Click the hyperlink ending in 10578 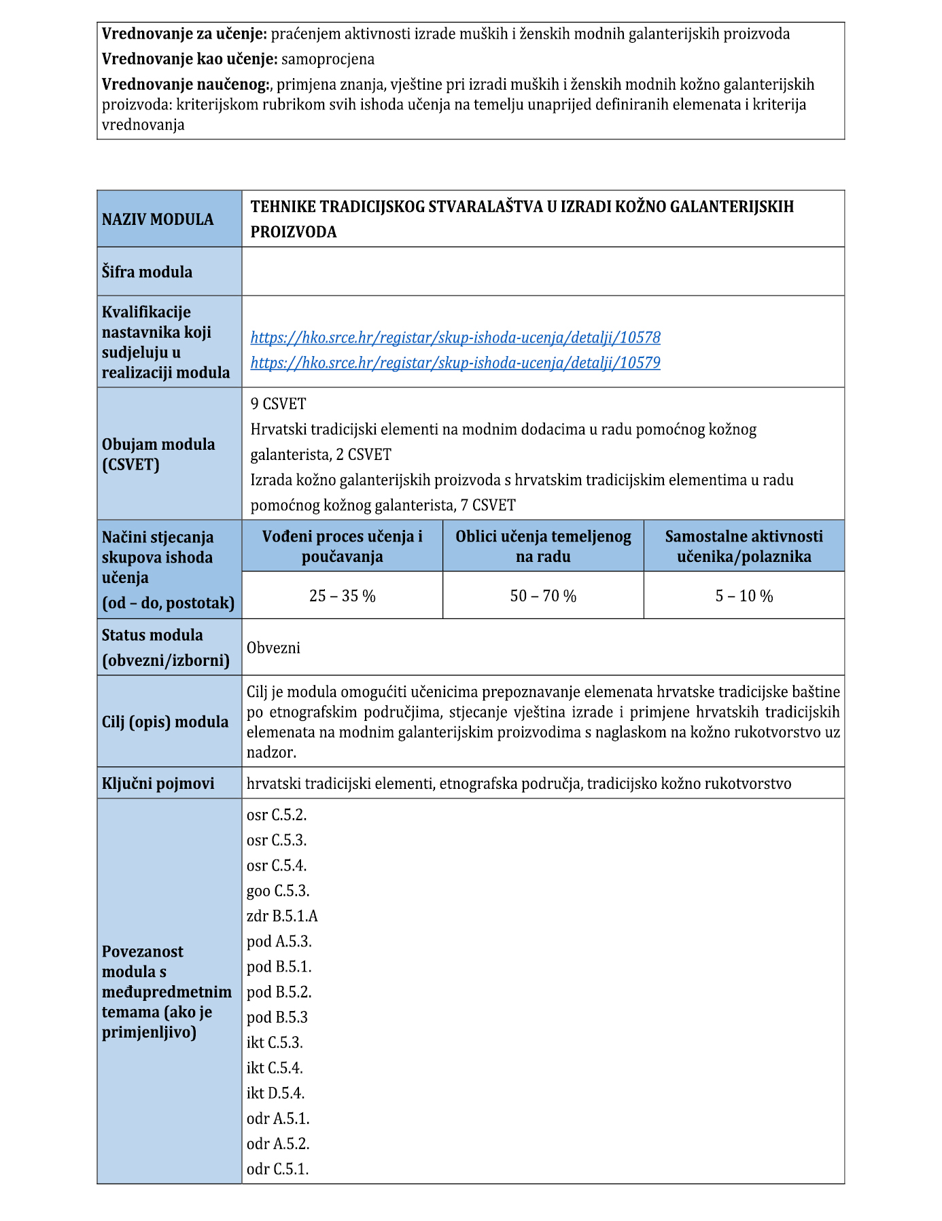coord(455,338)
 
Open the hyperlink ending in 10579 coord(455,363)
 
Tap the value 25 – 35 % coord(342,596)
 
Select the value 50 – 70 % coord(543,596)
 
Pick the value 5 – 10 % coord(744,596)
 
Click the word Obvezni coord(273,648)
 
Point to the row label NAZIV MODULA coord(158,219)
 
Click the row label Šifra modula coord(147,272)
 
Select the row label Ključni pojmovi coord(158,783)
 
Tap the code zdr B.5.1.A coord(282,916)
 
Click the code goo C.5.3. coord(277,891)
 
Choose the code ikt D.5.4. coord(275,1093)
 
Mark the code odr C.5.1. coord(277,1169)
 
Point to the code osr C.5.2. coord(277,815)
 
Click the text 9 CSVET coord(278,404)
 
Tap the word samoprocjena coord(328,59)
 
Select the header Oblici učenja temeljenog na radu coord(543,546)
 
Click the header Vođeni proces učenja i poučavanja coord(342,546)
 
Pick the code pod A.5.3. coord(279,941)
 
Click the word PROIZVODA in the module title coord(294,232)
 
